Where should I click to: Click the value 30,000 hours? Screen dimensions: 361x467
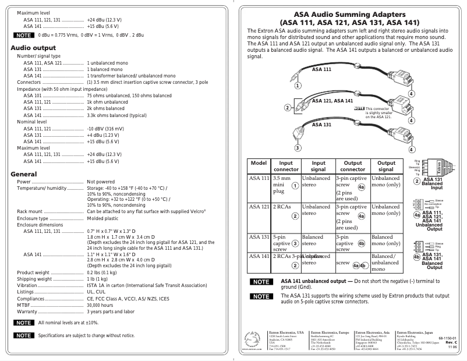(x=100, y=305)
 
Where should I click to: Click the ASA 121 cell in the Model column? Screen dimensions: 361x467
(x=259, y=207)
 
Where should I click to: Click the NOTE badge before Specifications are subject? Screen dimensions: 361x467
(x=24, y=335)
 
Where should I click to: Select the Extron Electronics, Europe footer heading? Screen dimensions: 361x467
(x=332, y=330)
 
